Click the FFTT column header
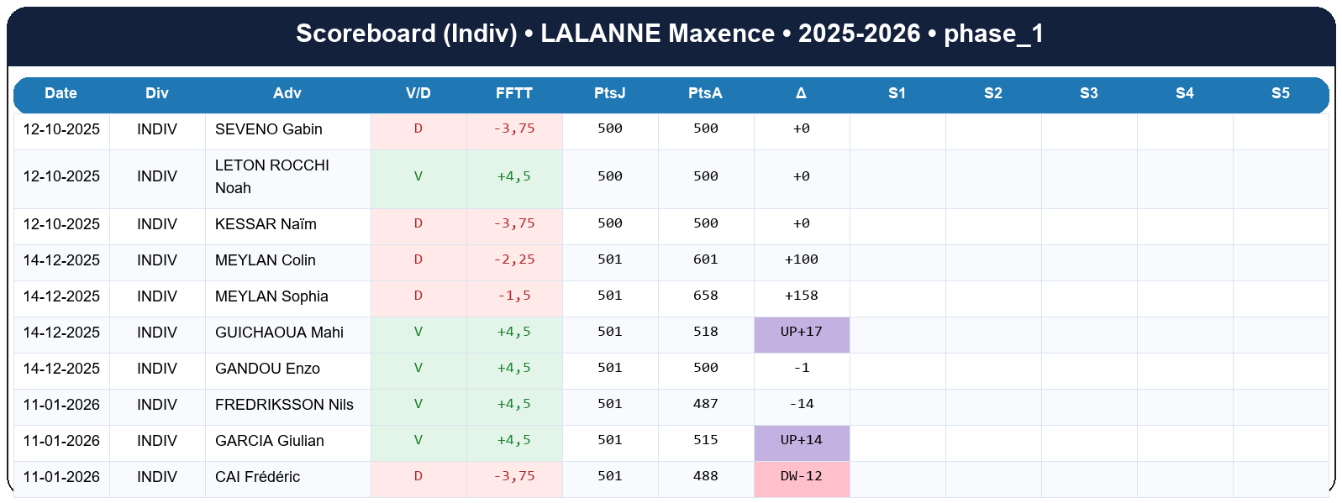[513, 93]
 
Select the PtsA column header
[705, 93]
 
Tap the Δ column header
[801, 93]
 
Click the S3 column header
[1088, 93]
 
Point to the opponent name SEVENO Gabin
[269, 129]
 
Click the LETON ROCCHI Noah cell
[271, 176]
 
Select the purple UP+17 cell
[802, 332]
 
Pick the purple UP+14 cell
[802, 440]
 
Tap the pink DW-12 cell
[802, 476]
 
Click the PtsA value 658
[705, 296]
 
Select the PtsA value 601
[705, 259]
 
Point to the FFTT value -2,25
[513, 259]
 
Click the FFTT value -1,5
[513, 296]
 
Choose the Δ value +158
[801, 296]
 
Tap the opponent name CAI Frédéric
[257, 477]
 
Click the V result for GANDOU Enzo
[418, 368]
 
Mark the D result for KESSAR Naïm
[418, 223]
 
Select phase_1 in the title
[993, 34]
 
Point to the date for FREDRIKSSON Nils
[61, 405]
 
